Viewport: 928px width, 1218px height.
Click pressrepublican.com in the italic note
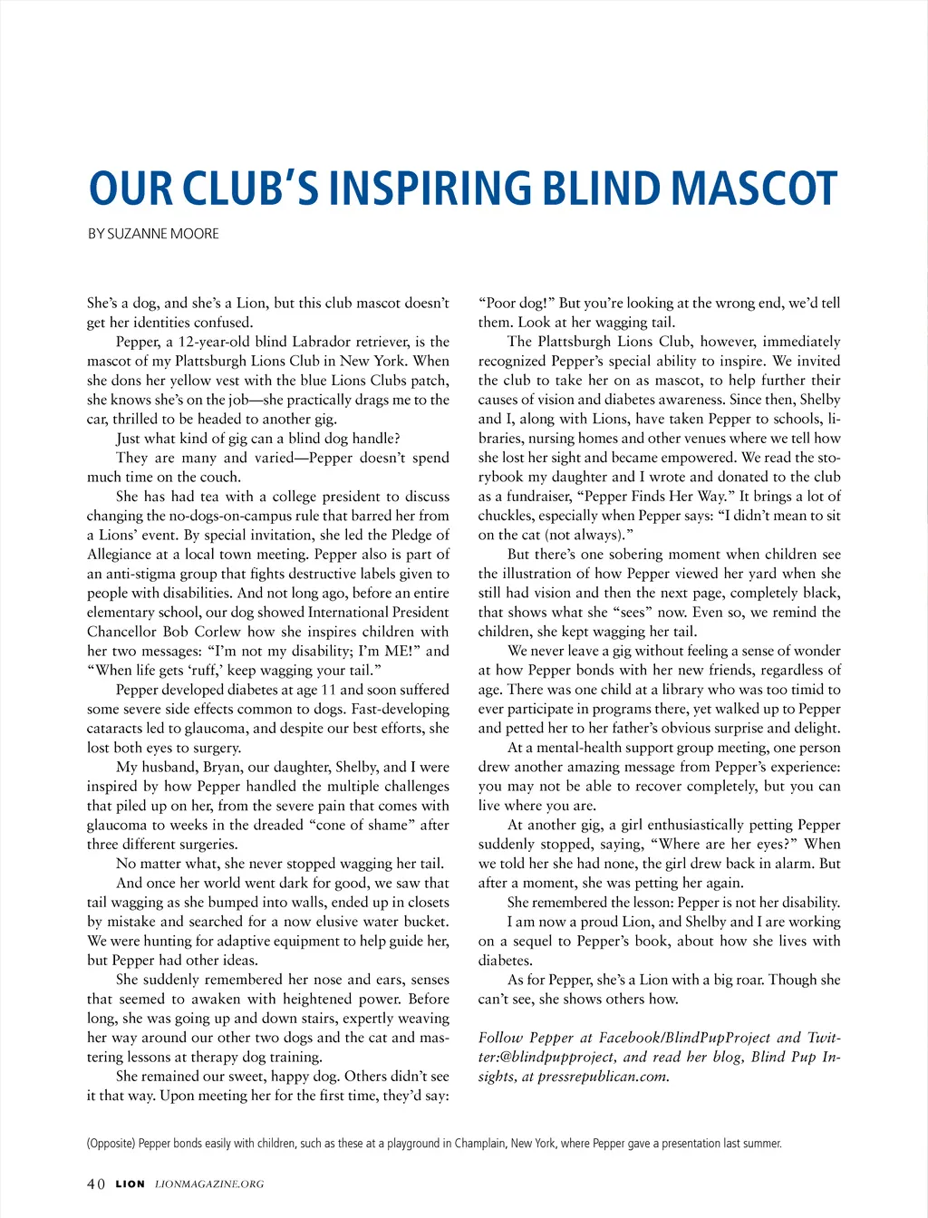(x=604, y=1077)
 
